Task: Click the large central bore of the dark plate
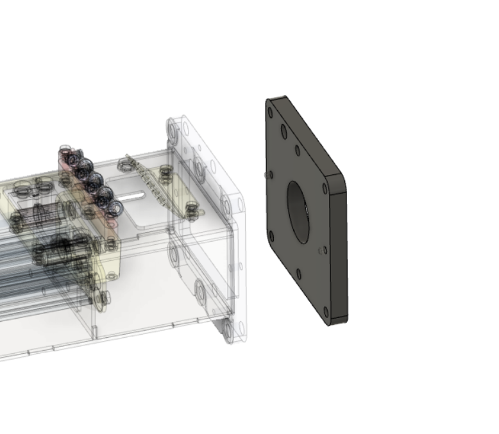click(298, 212)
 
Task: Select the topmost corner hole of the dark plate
click(271, 112)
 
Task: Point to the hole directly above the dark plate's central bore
click(296, 151)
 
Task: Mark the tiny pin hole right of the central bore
click(320, 251)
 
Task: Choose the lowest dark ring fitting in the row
click(115, 208)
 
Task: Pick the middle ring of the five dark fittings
click(95, 179)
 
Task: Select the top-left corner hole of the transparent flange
click(173, 131)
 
